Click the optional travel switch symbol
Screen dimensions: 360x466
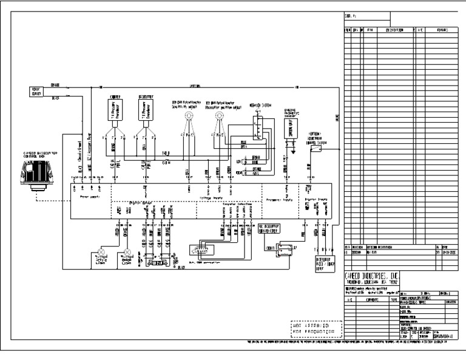coord(309,146)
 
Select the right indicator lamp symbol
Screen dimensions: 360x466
coord(126,251)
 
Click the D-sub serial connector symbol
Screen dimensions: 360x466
coord(200,250)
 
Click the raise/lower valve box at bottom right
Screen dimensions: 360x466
coord(325,262)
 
